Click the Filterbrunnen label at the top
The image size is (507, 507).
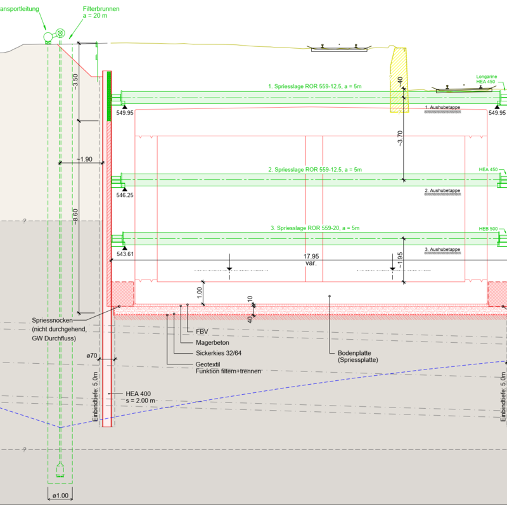pyautogui.click(x=101, y=10)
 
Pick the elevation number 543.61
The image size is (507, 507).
pyautogui.click(x=125, y=254)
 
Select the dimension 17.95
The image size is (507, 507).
pyautogui.click(x=311, y=257)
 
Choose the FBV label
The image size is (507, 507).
pyautogui.click(x=202, y=331)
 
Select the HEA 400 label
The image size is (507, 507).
pyautogui.click(x=138, y=394)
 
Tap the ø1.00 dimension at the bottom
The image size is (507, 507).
pyautogui.click(x=60, y=496)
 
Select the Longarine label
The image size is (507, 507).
pyautogui.click(x=487, y=76)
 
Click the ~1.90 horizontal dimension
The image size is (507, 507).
pyautogui.click(x=84, y=159)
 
